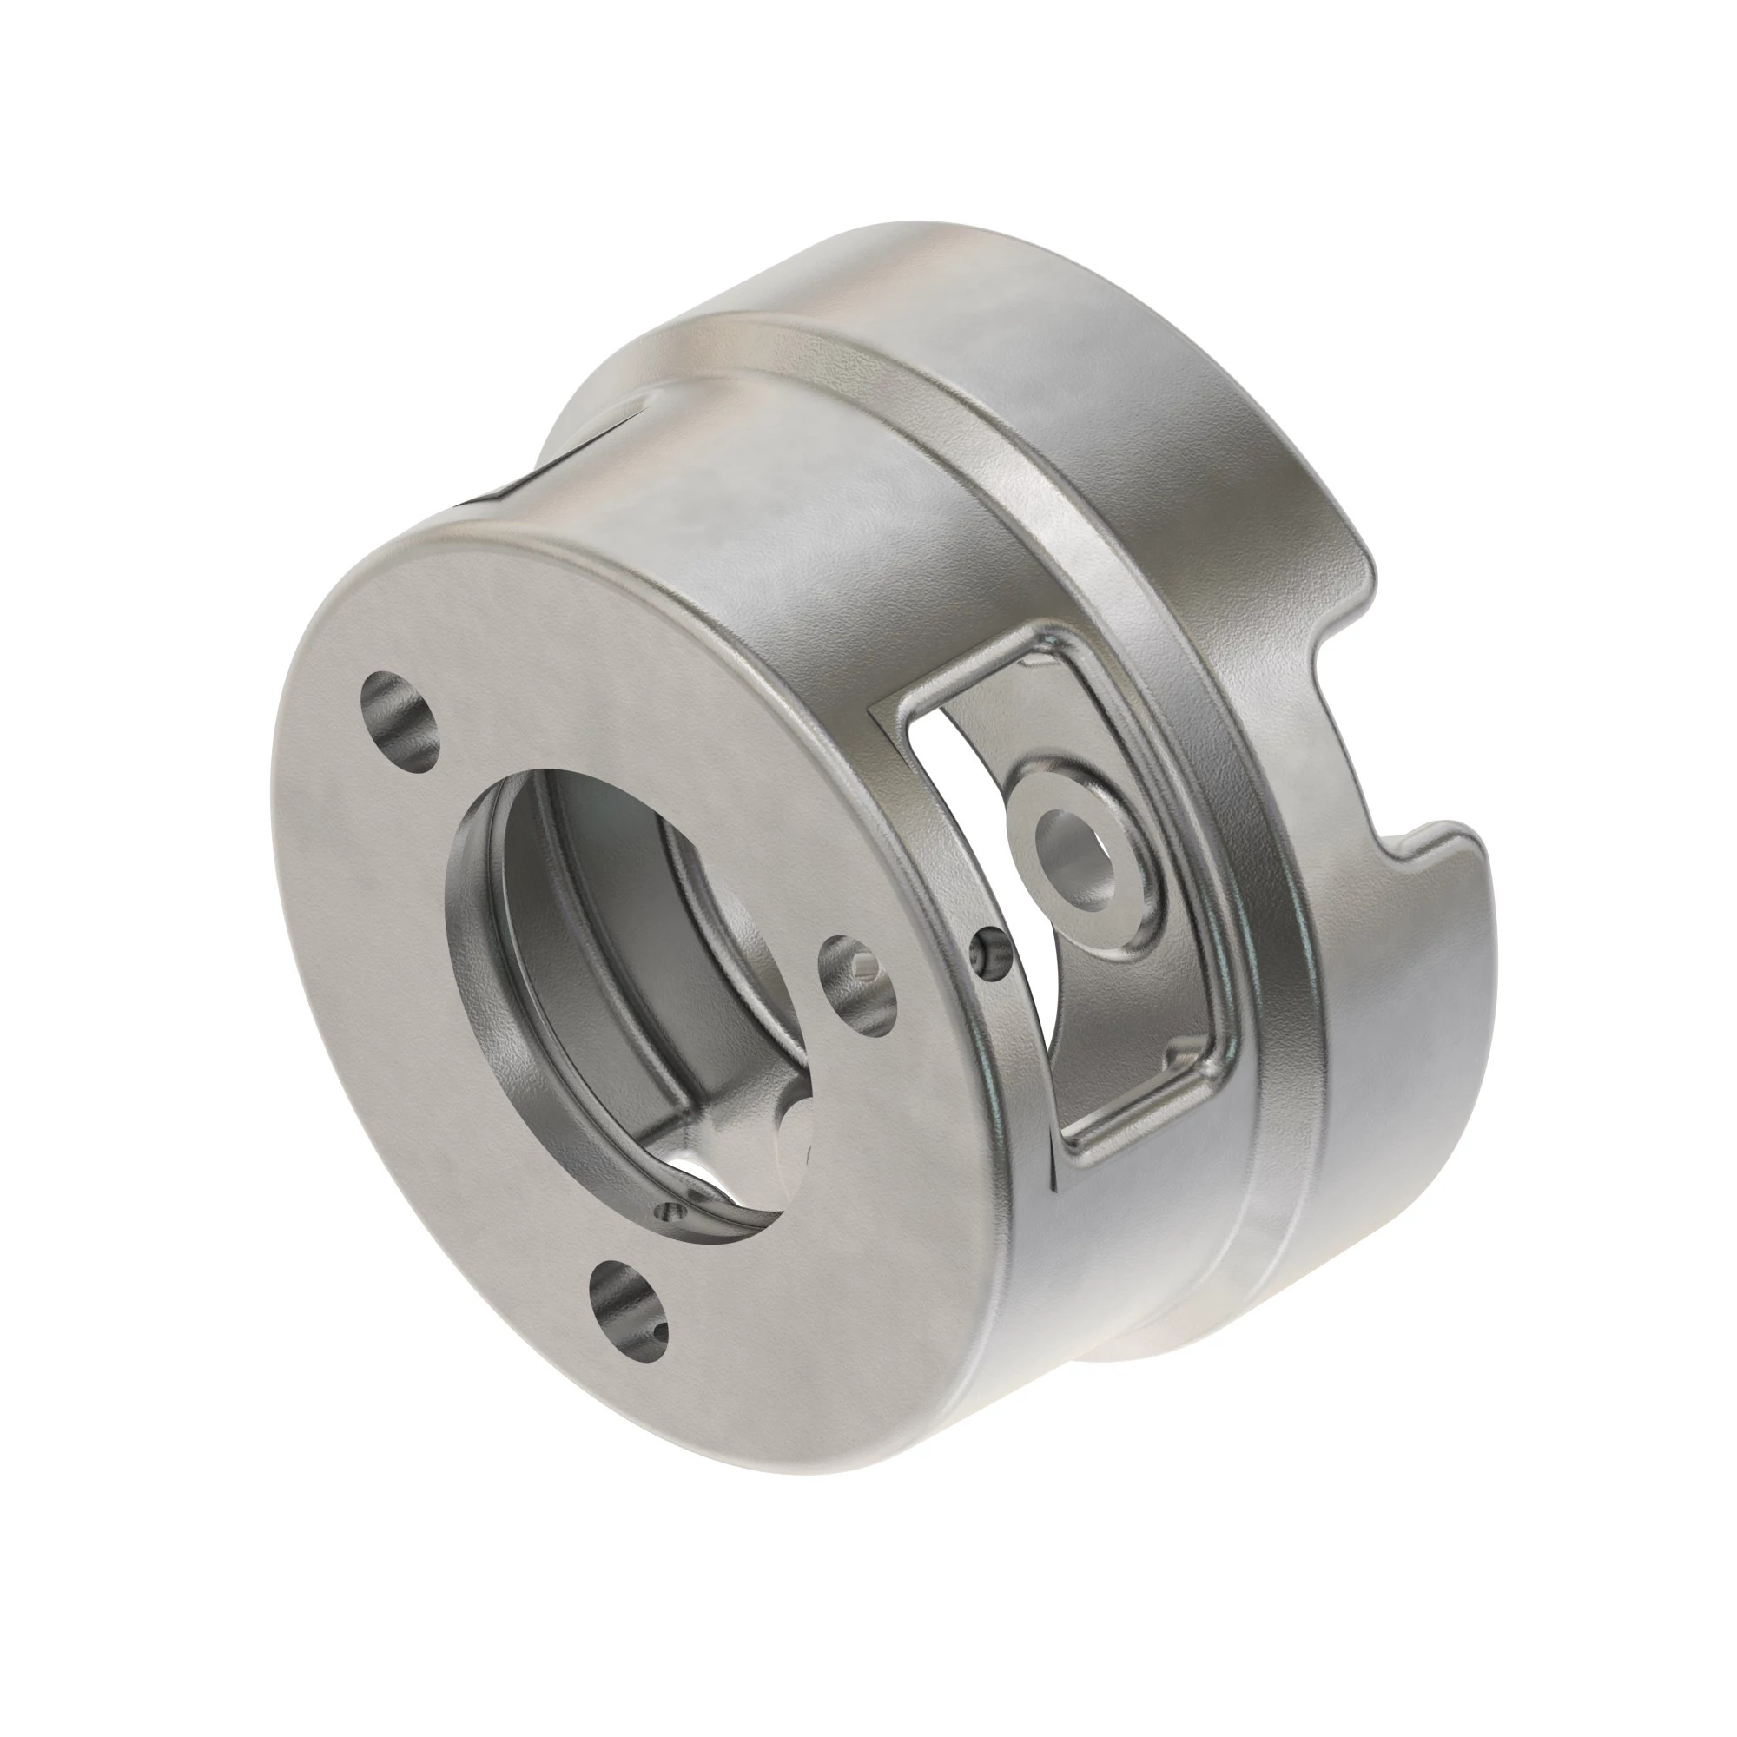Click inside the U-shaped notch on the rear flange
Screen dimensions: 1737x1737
[1349, 719]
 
